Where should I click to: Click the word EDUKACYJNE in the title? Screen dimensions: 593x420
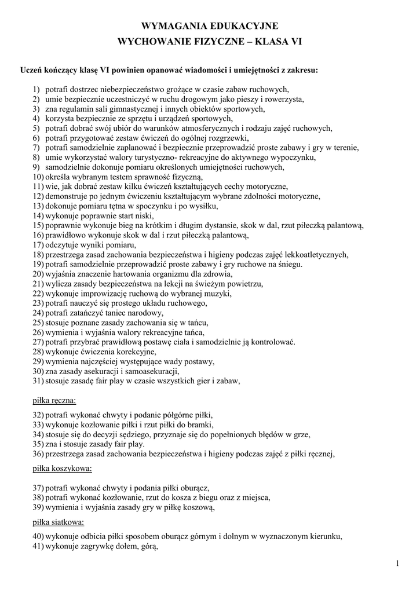[x=245, y=26]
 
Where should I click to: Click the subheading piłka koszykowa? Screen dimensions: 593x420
[x=61, y=467]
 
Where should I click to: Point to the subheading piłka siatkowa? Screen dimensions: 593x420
[x=56, y=522]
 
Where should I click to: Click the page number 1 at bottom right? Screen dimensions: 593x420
[x=399, y=563]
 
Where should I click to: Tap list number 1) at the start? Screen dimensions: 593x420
[x=36, y=89]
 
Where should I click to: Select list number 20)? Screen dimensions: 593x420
[x=38, y=274]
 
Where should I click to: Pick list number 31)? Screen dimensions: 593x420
[x=38, y=380]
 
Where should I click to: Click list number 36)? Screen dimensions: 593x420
[x=38, y=453]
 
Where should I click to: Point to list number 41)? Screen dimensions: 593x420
[x=38, y=546]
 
